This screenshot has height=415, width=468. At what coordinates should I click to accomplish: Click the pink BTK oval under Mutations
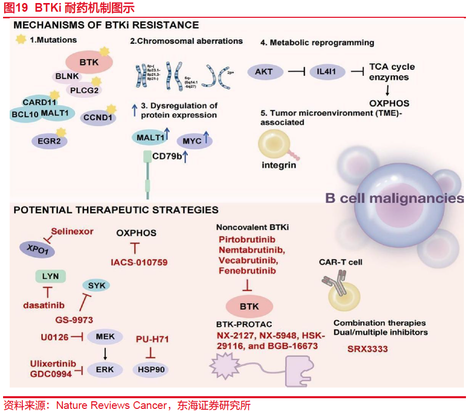click(89, 63)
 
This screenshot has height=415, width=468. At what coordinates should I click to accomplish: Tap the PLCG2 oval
click(83, 91)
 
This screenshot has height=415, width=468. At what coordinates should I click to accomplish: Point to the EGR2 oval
click(49, 140)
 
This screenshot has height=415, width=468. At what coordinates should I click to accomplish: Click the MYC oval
click(193, 141)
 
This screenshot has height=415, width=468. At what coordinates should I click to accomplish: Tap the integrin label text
click(279, 165)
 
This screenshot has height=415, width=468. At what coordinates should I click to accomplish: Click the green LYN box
click(50, 277)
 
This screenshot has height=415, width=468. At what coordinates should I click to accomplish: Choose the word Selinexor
click(72, 231)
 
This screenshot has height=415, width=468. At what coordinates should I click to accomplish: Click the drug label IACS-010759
click(139, 262)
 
